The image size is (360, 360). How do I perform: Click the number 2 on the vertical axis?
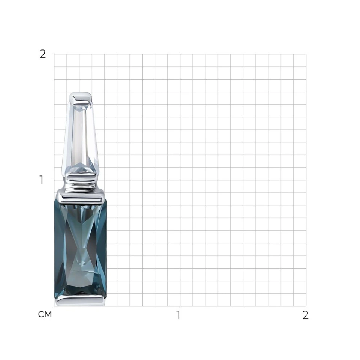(x=43, y=54)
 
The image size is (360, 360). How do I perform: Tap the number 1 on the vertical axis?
(x=42, y=180)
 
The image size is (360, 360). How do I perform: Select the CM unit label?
(x=45, y=314)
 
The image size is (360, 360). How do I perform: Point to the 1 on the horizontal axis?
(x=178, y=315)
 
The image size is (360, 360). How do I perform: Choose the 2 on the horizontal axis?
(x=305, y=315)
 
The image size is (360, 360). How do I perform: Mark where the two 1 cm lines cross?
(x=180, y=180)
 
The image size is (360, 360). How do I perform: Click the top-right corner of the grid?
(x=306, y=54)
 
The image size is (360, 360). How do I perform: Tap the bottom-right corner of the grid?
(x=306, y=306)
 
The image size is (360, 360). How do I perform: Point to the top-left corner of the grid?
(x=54, y=54)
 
